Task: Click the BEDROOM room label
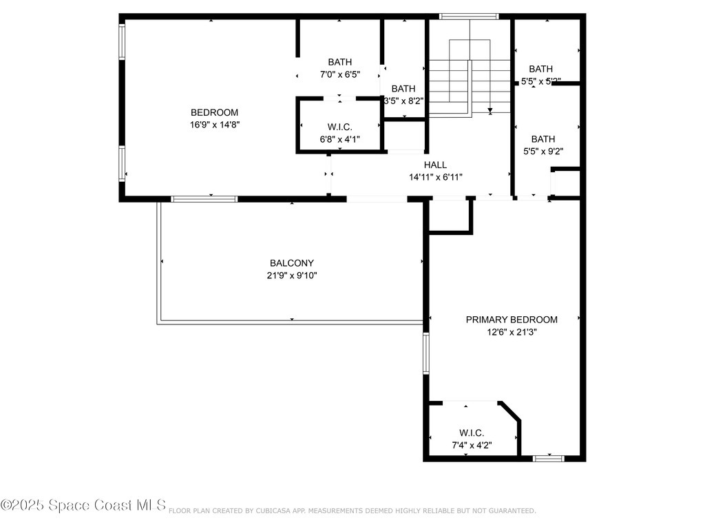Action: click(214, 112)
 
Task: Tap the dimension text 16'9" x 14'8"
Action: click(214, 125)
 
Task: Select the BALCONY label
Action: click(291, 263)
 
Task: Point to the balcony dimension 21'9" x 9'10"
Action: click(291, 276)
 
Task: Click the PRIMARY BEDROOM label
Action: click(512, 320)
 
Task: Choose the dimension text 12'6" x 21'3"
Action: click(512, 332)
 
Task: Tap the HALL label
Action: click(435, 165)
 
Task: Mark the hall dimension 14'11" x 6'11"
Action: click(435, 177)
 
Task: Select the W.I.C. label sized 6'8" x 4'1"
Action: click(339, 127)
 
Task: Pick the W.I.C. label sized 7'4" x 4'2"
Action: click(471, 433)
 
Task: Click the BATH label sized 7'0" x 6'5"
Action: click(339, 62)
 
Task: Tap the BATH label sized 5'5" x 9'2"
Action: click(543, 138)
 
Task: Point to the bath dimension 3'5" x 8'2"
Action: click(403, 101)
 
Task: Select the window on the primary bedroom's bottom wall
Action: click(549, 458)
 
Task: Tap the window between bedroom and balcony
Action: click(204, 199)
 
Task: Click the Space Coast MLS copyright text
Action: click(83, 506)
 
